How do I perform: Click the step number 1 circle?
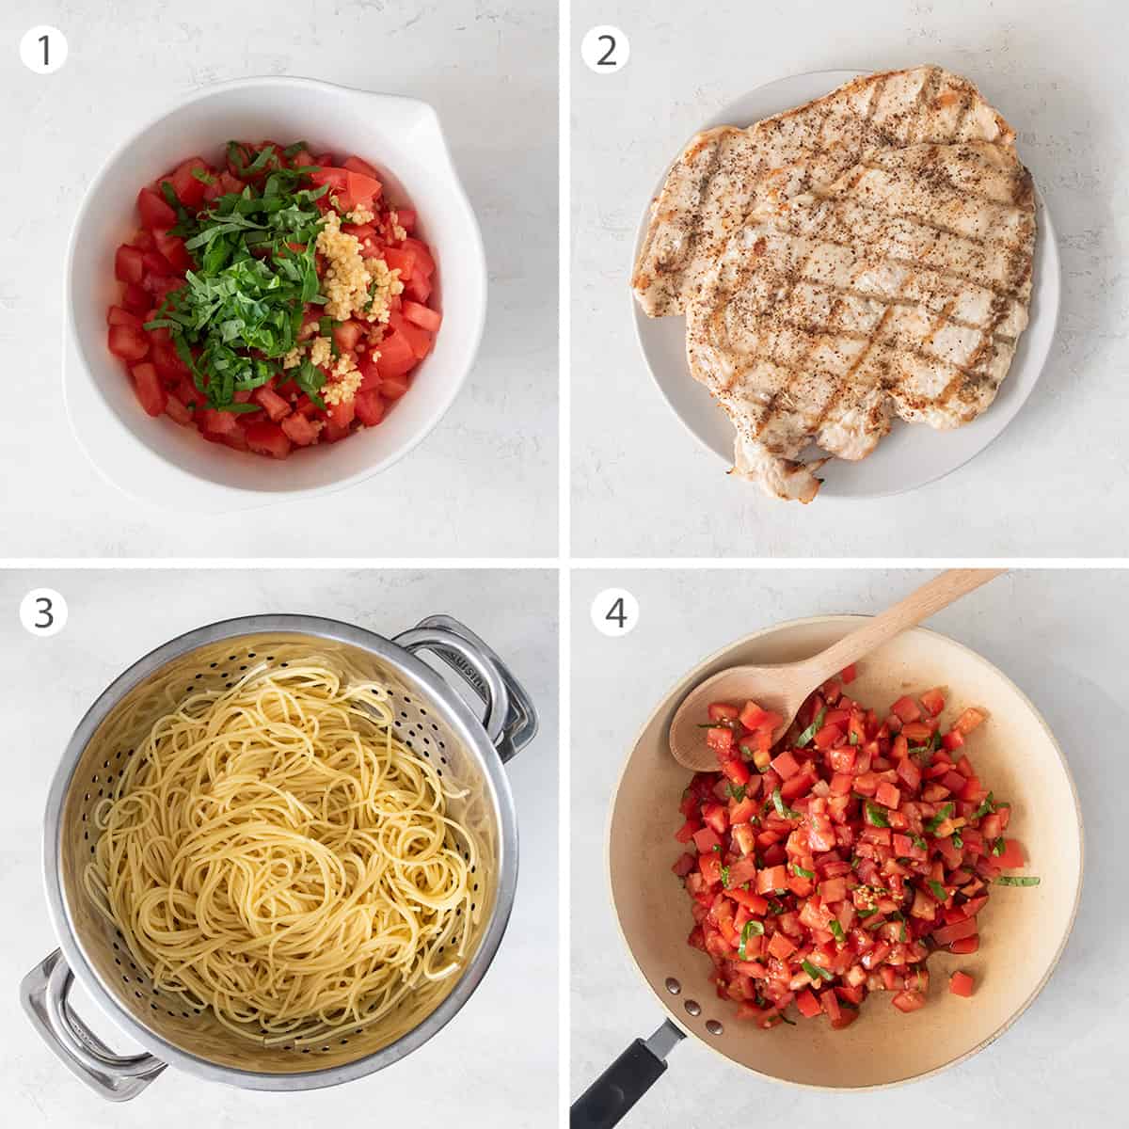[x=44, y=50]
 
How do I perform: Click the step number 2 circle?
[x=605, y=50]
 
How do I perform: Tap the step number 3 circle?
[x=44, y=612]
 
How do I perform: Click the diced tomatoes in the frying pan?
[x=828, y=847]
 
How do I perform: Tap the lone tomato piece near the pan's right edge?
[x=962, y=983]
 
